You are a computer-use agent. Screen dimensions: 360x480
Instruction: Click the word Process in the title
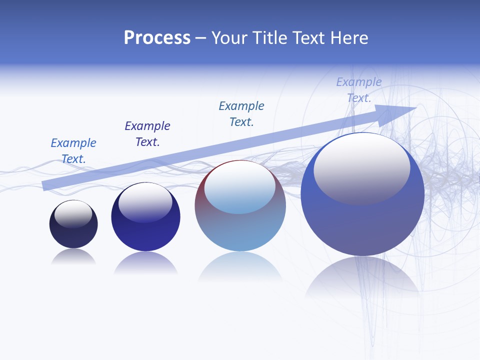157,38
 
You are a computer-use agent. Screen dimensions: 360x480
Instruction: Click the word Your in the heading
230,38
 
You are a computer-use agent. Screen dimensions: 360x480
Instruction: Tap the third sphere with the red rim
240,230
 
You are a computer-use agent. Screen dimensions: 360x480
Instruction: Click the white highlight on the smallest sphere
73,213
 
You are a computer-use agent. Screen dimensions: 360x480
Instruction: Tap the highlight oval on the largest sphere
361,168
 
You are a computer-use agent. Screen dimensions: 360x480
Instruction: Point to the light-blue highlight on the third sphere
239,187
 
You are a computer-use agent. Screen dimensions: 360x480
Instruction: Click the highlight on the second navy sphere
145,202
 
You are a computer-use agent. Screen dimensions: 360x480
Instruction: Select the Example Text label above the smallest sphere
73,151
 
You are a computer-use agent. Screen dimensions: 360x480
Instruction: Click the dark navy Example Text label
147,134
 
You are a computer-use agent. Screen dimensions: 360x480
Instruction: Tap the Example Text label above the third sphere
241,113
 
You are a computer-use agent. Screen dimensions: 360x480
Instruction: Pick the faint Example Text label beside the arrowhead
359,90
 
